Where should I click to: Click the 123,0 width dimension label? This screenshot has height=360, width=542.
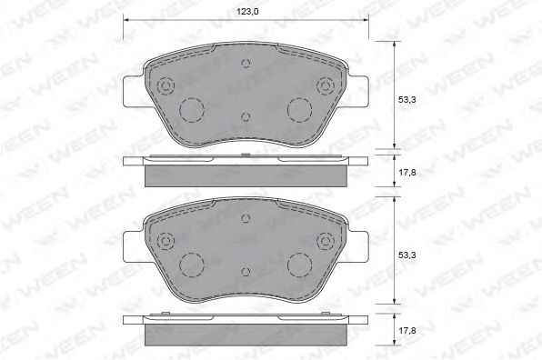(x=248, y=12)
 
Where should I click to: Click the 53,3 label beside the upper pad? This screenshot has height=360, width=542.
(x=407, y=100)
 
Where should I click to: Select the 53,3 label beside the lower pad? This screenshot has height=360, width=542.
(x=407, y=255)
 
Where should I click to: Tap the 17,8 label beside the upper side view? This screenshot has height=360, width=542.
(x=407, y=173)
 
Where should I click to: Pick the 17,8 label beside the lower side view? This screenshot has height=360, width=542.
(x=407, y=331)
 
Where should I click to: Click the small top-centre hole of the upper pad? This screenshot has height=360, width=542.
(x=246, y=64)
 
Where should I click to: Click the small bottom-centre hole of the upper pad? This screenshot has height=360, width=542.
(x=246, y=116)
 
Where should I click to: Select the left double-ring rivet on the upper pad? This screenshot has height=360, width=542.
(x=166, y=85)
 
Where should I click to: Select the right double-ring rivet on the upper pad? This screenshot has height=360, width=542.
(x=326, y=85)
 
